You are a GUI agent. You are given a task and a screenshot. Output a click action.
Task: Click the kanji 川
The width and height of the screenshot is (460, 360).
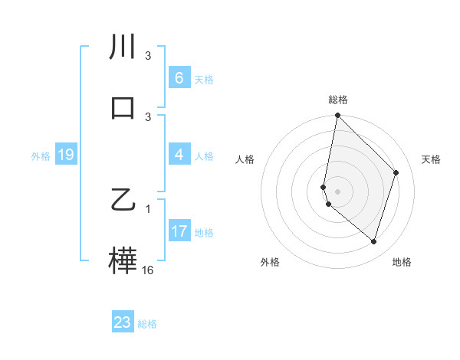tap(123, 47)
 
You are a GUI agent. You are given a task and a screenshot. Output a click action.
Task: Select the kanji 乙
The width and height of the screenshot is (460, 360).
tap(123, 201)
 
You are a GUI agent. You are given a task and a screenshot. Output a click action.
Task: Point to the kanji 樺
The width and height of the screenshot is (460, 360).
tap(123, 260)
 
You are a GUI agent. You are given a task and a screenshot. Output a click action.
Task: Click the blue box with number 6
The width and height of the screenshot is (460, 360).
tap(179, 78)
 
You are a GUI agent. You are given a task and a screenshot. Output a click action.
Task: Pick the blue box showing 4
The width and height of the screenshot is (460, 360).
tap(179, 155)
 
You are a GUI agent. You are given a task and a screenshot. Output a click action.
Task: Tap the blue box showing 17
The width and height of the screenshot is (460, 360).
tap(179, 232)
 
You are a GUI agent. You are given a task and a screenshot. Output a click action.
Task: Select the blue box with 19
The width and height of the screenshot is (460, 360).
tap(65, 155)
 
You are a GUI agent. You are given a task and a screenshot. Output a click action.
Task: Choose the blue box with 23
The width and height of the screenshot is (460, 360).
tap(123, 322)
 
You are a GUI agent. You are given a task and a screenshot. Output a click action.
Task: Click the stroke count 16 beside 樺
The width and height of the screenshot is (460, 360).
tap(148, 270)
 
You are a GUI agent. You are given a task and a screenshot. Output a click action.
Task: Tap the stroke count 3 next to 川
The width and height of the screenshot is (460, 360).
tap(149, 56)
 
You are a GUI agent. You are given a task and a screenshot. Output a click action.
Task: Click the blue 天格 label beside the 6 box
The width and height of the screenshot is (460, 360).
tap(204, 79)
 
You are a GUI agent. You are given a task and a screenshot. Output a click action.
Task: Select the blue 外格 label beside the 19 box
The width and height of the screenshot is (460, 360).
tap(41, 156)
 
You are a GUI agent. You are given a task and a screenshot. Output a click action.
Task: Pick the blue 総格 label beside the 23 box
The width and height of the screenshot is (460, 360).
tap(147, 323)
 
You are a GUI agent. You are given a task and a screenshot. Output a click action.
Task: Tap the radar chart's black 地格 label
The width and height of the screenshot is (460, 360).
tap(402, 262)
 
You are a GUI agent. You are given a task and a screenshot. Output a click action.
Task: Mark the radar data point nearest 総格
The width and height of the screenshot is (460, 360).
tap(337, 116)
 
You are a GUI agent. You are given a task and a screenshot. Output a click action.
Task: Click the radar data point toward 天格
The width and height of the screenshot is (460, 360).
tap(396, 172)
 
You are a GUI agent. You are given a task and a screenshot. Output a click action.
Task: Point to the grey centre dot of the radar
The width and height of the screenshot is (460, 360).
tap(337, 191)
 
